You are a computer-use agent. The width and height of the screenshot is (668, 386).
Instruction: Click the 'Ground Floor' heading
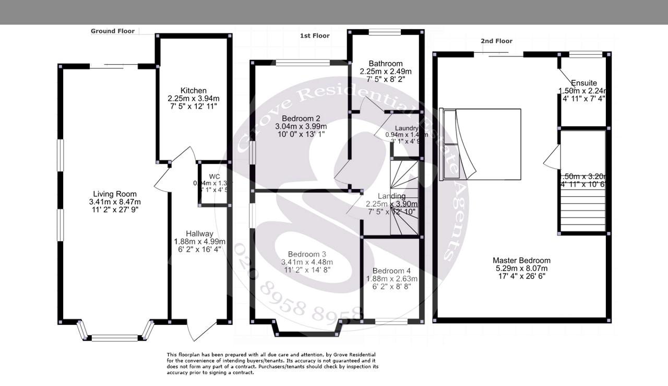tap(113, 31)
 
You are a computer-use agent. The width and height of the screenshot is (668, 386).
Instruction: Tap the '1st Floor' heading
tap(315, 36)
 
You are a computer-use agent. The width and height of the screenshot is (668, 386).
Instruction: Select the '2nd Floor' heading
tap(496, 41)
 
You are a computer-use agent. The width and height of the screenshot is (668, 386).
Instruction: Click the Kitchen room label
tap(194, 91)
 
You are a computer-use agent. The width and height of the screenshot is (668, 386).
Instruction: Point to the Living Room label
tap(114, 194)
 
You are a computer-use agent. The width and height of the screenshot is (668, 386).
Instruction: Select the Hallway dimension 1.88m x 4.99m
tap(199, 242)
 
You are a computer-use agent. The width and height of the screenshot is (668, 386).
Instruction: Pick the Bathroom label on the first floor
tap(385, 64)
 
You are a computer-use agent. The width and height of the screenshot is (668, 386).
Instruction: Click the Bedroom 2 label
tap(301, 118)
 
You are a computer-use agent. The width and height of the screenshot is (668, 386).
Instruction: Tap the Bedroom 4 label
tap(391, 271)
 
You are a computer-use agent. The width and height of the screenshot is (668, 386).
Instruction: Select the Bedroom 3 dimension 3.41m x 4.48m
tap(307, 262)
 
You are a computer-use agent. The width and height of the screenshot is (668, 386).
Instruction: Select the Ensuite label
tap(583, 83)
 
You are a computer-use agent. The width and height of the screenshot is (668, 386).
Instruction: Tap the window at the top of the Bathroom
tap(385, 32)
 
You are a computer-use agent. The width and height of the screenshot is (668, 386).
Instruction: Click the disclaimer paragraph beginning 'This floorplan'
tap(272, 364)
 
